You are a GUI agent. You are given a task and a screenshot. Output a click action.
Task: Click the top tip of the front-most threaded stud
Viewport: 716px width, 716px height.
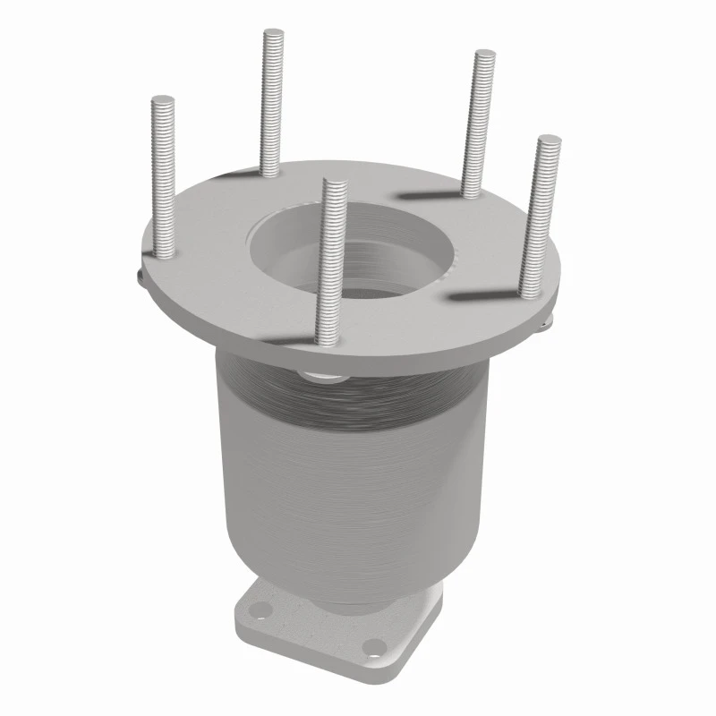[334, 184]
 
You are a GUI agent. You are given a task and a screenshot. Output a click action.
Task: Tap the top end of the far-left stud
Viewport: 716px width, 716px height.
[163, 100]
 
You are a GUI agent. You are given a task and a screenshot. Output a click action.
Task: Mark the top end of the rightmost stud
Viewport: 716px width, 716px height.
[549, 141]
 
